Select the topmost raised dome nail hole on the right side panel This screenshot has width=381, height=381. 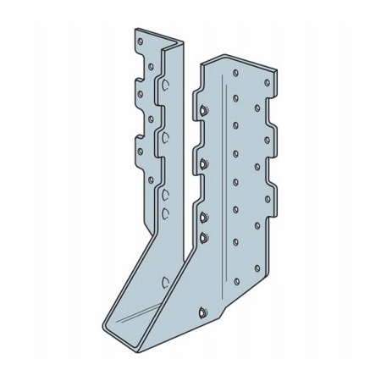point(206,109)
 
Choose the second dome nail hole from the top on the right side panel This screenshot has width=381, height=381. point(205,157)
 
